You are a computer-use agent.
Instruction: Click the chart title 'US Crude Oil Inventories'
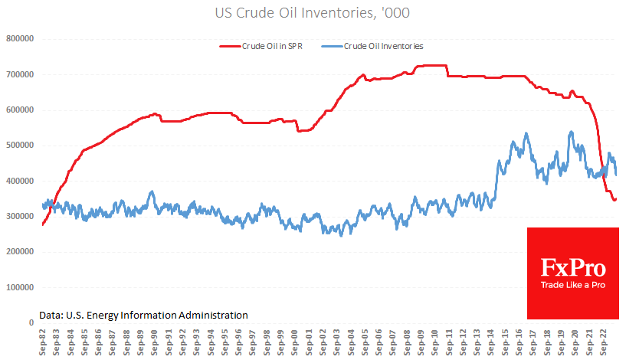click(x=319, y=13)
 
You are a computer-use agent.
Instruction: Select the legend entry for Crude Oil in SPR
click(x=267, y=46)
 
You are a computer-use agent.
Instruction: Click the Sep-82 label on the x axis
click(x=43, y=341)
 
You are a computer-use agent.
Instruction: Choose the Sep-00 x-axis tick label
click(x=296, y=341)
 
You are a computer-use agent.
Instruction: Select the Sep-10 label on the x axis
click(x=437, y=341)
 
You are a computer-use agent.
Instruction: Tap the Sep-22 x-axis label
click(x=605, y=341)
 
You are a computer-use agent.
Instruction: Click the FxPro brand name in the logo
click(x=573, y=268)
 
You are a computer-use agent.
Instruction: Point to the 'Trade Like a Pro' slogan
click(x=573, y=286)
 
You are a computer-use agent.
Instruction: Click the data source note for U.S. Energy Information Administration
click(x=143, y=315)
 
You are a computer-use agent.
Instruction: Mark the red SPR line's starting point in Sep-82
click(x=43, y=224)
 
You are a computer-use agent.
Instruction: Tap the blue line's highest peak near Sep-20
click(x=572, y=132)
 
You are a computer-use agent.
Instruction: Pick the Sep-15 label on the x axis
click(x=507, y=341)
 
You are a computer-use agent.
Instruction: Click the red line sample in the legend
click(x=229, y=46)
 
